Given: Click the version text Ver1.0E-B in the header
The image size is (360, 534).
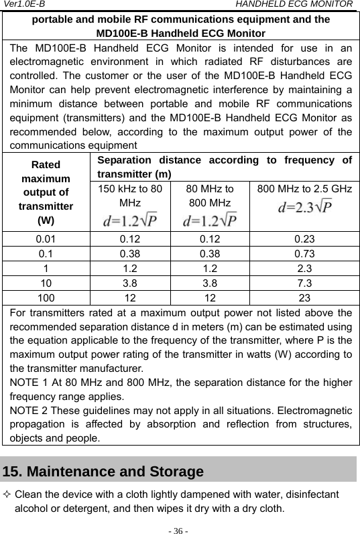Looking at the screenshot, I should coord(24,5).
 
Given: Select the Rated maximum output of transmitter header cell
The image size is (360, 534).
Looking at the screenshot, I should coord(46,191).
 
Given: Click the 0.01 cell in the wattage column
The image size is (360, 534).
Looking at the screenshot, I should coord(46,237).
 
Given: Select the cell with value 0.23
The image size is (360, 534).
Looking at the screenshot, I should coord(305,237).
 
